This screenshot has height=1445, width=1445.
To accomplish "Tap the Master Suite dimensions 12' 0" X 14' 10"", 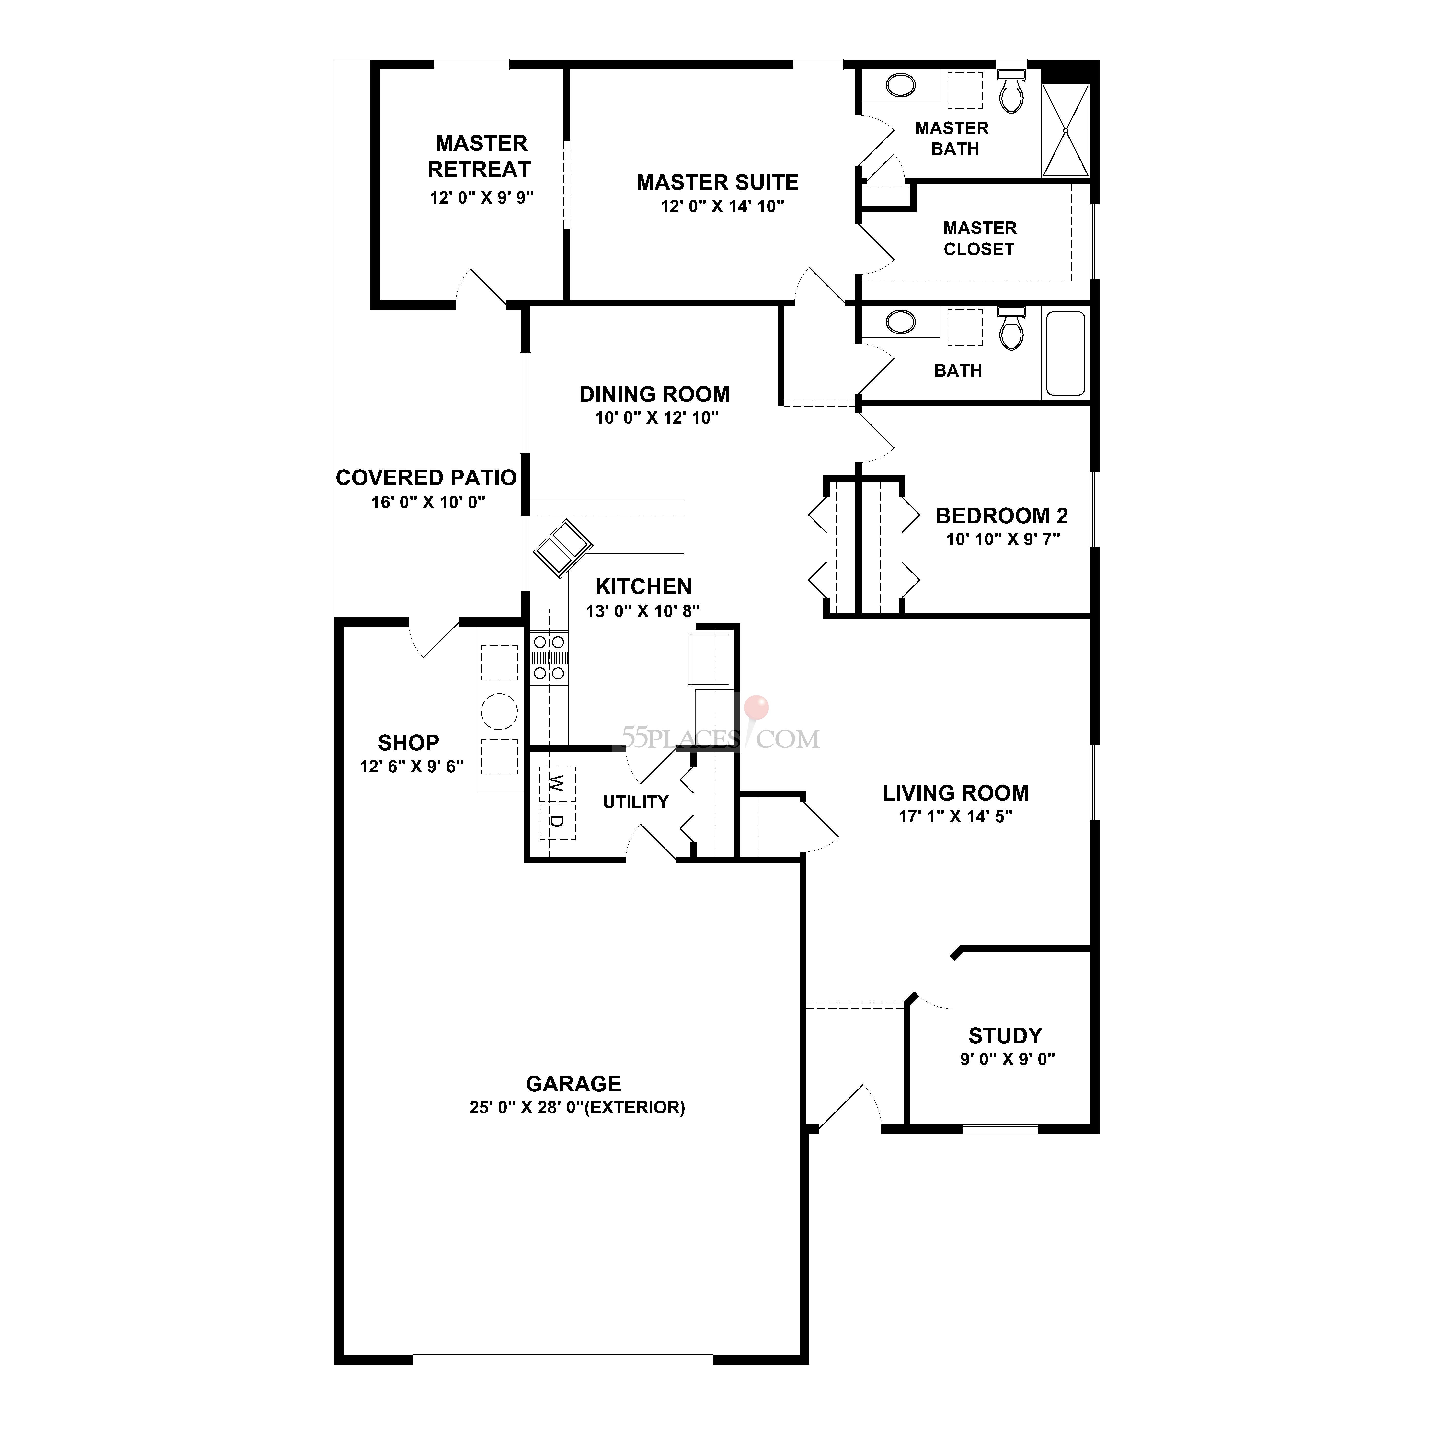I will point(722,206).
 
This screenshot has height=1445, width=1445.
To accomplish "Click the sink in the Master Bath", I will point(901,85).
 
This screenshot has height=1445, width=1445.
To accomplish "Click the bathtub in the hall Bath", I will point(1065,353).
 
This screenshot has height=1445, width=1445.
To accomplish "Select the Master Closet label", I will point(979,239).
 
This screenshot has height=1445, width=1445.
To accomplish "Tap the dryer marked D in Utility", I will point(556,821).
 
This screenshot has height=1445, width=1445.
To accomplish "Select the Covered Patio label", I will point(425,478).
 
